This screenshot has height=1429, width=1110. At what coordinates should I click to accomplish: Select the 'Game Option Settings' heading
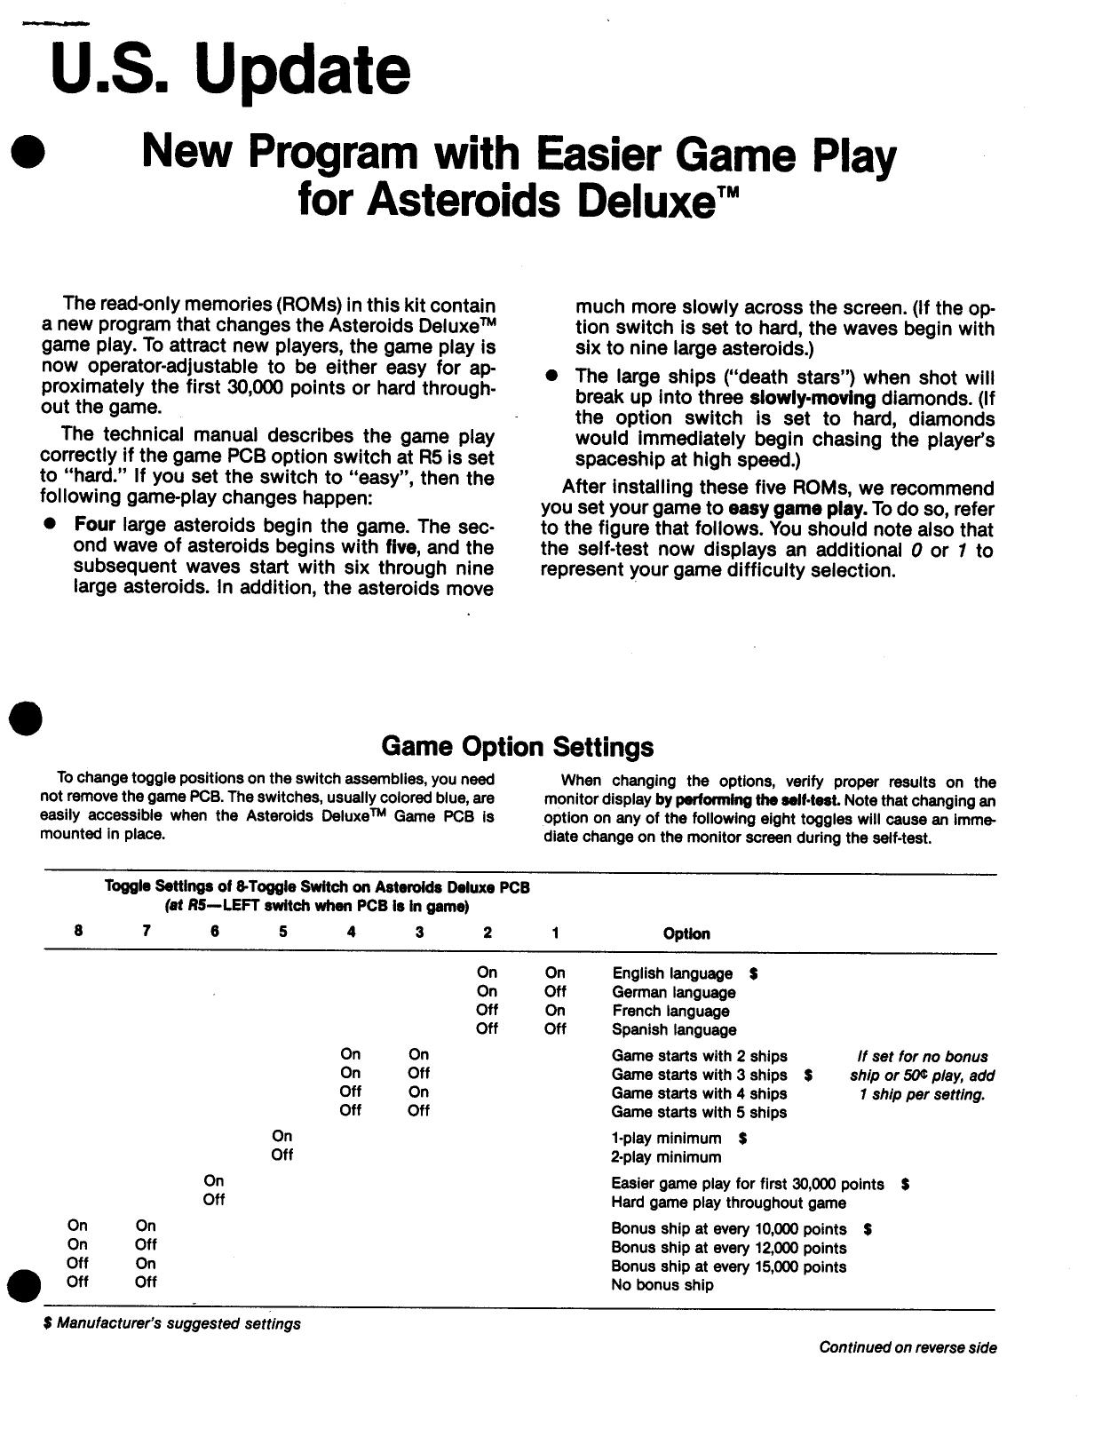tap(517, 746)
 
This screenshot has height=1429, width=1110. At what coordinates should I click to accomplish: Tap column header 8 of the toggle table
tap(79, 931)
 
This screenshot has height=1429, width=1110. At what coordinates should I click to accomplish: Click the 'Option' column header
tap(686, 933)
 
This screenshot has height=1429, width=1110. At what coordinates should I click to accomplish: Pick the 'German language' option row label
tap(673, 992)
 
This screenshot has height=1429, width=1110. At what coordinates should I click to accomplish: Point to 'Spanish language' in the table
tap(673, 1029)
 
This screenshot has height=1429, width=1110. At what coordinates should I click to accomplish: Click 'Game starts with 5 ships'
tap(699, 1112)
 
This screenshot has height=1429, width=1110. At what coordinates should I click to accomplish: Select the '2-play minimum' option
tap(666, 1156)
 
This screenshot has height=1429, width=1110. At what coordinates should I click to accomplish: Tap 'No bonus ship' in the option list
tap(662, 1284)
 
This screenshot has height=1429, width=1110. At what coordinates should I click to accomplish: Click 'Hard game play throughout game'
tap(728, 1203)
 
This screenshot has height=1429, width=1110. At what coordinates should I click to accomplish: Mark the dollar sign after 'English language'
tap(753, 973)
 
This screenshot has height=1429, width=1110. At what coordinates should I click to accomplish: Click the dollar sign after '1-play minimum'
tap(742, 1138)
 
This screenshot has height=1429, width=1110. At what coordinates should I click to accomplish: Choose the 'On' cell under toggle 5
tap(282, 1136)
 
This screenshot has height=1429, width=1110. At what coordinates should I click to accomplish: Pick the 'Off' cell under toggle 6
tap(214, 1199)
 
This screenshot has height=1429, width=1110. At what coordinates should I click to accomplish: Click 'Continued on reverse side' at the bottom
tap(908, 1347)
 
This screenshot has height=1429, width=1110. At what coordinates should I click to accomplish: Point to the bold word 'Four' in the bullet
tap(94, 525)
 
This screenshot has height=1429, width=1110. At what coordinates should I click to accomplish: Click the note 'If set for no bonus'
tap(922, 1056)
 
